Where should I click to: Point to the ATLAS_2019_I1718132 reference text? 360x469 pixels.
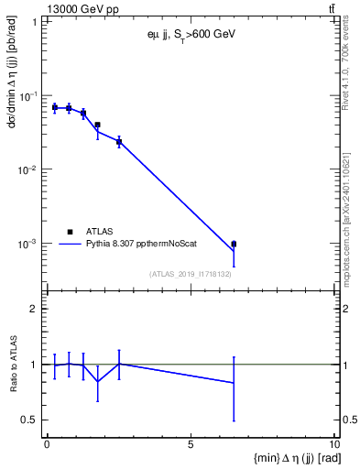point(190,274)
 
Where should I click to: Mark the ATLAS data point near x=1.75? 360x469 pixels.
point(97,125)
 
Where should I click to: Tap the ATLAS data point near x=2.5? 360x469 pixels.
point(119,142)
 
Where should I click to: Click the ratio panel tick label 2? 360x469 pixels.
point(35,309)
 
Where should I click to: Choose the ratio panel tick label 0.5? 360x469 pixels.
point(30,420)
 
